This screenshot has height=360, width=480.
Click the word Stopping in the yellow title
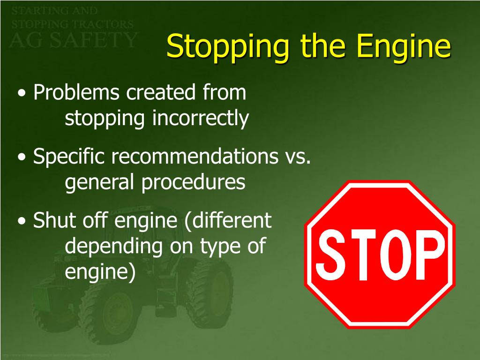221,47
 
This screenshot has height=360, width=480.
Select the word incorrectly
200,119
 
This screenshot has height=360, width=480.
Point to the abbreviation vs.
298,157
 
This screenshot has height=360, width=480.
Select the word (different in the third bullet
228,220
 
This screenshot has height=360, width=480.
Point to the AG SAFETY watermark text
73,39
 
